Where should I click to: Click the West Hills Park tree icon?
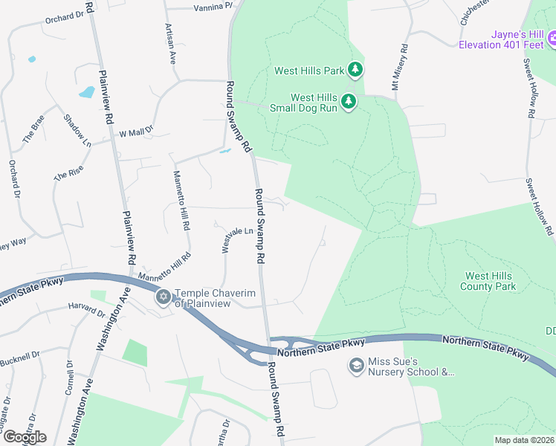(355, 71)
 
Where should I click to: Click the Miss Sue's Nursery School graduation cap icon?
(357, 366)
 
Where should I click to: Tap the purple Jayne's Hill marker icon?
(552, 38)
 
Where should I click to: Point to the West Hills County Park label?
(488, 281)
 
